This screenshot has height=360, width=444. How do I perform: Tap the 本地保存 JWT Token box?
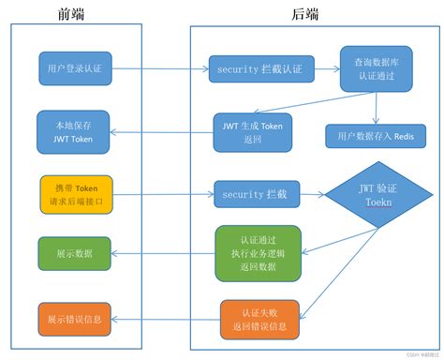[74, 129]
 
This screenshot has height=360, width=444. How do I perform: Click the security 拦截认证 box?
[260, 68]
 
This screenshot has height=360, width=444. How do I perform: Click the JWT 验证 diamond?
[374, 194]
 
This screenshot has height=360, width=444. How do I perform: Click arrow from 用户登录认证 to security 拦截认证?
[159, 68]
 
